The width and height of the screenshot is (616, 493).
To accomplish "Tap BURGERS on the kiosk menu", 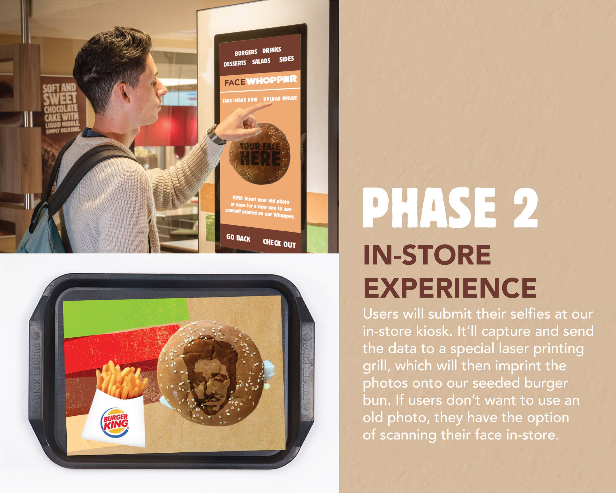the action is coord(246,53).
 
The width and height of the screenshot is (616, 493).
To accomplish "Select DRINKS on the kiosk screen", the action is coord(272,50).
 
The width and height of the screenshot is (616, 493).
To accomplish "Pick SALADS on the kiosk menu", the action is coord(261,61).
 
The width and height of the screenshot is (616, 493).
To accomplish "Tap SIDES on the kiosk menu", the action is coord(286,59).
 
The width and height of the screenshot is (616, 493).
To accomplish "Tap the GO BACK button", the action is coord(238,238).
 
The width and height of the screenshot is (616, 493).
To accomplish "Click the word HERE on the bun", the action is coord(260,159).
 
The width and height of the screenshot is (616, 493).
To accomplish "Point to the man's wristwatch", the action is coord(215,135).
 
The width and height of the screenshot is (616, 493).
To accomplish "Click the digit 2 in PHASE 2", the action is coord(526,208).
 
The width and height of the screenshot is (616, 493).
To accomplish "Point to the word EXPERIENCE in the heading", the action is coord(450,288).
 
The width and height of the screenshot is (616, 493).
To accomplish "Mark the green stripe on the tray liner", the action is coord(126,317).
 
